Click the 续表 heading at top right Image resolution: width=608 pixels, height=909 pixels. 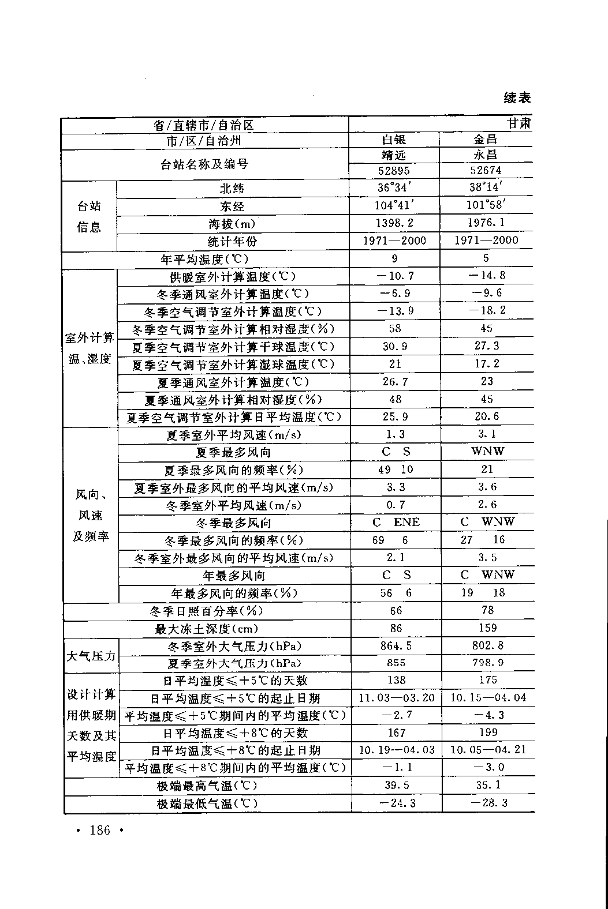tap(517, 98)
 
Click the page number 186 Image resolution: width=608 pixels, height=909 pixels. tap(99, 831)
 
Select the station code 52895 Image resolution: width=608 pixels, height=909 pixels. tap(394, 171)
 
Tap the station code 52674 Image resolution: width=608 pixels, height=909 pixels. tap(486, 170)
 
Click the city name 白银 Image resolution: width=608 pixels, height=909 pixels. tap(394, 140)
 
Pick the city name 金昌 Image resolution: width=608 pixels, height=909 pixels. tap(486, 140)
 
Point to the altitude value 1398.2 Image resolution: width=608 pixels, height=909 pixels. tap(394, 223)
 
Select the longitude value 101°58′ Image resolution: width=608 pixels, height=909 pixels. tap(486, 205)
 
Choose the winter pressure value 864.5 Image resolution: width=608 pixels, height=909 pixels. tap(396, 646)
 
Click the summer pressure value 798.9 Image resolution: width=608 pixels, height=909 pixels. tap(487, 663)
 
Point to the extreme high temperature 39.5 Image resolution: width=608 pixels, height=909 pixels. tap(397, 786)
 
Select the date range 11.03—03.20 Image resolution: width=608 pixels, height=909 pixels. tap(396, 698)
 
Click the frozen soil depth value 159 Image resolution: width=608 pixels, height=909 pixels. tap(487, 628)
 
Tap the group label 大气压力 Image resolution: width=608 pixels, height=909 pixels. tap(91, 656)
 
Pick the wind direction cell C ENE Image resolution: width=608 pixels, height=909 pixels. tap(396, 523)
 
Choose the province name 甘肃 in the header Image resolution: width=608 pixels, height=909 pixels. tap(519, 124)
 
